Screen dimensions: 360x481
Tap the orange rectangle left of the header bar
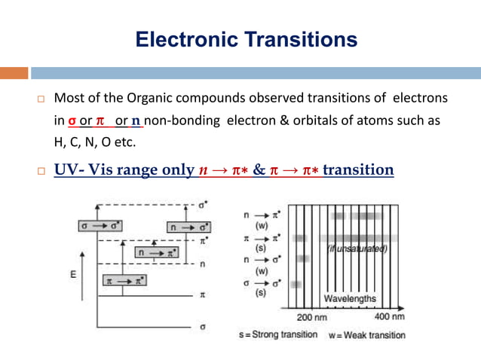(x=14, y=73)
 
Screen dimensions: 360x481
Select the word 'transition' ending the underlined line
(x=359, y=169)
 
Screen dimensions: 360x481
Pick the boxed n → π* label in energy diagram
(x=155, y=253)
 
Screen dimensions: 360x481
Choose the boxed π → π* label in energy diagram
(x=125, y=281)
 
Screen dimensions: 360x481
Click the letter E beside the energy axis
(x=72, y=275)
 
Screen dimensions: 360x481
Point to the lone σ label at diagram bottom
(x=202, y=328)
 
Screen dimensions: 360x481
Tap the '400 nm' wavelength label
(x=389, y=316)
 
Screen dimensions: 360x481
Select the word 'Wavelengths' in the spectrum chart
(x=350, y=299)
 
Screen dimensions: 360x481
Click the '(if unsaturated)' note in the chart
(x=357, y=249)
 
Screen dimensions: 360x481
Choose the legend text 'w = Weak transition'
(x=367, y=334)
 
